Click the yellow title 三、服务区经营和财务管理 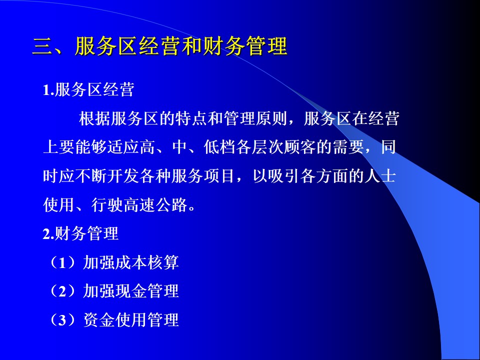[x=159, y=46]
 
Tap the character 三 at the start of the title [x=42, y=46]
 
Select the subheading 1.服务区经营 [x=88, y=90]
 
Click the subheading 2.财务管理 [x=80, y=234]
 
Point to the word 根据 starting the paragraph [x=95, y=119]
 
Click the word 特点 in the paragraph [x=191, y=119]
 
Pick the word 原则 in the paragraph [x=271, y=119]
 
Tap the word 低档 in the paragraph [x=219, y=147]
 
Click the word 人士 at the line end [x=380, y=176]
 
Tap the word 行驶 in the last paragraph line [x=107, y=205]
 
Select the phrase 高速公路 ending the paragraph [x=155, y=205]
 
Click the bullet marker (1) [x=63, y=262]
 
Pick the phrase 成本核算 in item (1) [x=146, y=262]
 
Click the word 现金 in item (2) [x=130, y=291]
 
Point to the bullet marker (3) [x=63, y=320]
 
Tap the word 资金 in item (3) [x=99, y=320]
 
